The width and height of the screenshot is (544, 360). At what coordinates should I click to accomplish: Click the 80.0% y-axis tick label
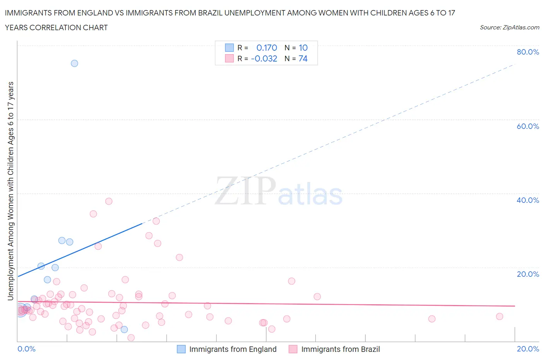[528, 52]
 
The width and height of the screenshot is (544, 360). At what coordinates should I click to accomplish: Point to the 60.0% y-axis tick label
[528, 126]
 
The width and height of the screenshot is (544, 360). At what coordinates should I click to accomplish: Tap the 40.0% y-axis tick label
[528, 200]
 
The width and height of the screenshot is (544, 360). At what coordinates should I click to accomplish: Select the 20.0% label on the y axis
[528, 274]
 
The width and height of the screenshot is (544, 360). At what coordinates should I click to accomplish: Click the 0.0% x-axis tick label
[27, 349]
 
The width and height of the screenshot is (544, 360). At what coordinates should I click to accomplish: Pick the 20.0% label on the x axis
[528, 349]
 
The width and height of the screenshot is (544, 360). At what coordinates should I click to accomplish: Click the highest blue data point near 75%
[74, 63]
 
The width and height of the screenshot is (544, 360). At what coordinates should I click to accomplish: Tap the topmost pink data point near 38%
[109, 201]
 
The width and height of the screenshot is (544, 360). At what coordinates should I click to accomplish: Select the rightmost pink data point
[500, 317]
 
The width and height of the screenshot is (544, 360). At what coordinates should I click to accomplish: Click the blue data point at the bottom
[124, 329]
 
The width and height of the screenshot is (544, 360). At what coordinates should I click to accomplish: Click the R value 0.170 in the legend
[267, 48]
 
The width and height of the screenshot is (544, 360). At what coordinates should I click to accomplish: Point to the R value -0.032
[264, 58]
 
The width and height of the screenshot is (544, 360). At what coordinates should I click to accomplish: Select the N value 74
[303, 58]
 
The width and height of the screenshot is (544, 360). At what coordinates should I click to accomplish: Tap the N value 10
[303, 48]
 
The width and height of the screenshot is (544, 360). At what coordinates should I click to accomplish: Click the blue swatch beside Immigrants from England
[181, 349]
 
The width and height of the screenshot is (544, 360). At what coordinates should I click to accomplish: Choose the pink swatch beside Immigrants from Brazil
[293, 349]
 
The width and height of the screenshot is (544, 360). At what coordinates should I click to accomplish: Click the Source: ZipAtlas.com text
[509, 27]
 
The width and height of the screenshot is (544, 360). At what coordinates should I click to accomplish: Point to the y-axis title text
[10, 191]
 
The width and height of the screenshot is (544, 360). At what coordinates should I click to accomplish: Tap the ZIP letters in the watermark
[245, 191]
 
